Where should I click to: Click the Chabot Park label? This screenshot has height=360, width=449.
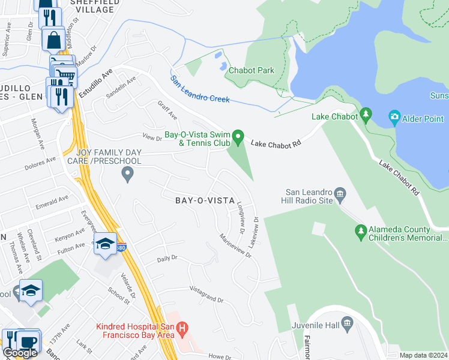point(251,70)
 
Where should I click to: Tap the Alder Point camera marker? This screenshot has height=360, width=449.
point(394,116)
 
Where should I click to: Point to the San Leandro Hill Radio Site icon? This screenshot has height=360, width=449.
point(340,193)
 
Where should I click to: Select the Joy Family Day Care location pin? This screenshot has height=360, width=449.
point(127,174)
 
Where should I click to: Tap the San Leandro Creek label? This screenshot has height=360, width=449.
point(200,89)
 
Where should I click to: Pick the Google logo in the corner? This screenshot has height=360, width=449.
point(20,353)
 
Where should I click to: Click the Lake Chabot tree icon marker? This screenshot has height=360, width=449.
point(366,115)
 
